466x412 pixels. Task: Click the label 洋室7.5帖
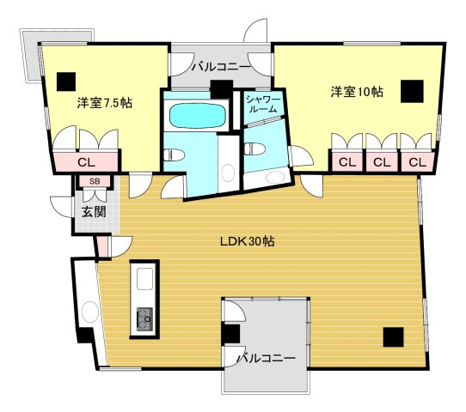(x=105, y=103)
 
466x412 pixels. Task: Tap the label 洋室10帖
(x=357, y=92)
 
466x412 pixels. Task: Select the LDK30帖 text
(x=248, y=241)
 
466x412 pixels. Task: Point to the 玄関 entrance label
(x=94, y=212)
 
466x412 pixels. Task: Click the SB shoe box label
(x=95, y=181)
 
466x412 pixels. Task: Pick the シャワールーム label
(x=263, y=105)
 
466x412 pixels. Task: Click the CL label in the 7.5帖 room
(x=86, y=162)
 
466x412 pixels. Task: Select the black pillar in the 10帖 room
(x=412, y=91)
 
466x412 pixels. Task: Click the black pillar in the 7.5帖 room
(x=66, y=82)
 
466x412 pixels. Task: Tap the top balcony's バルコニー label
(x=220, y=67)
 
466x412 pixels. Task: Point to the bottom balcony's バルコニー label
(x=266, y=358)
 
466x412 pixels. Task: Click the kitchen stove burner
(x=145, y=319)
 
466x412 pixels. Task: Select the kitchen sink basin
(x=145, y=279)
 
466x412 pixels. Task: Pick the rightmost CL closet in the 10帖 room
(x=417, y=162)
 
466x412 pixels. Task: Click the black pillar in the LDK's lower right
(x=393, y=337)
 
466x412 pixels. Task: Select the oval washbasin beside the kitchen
(x=89, y=312)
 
